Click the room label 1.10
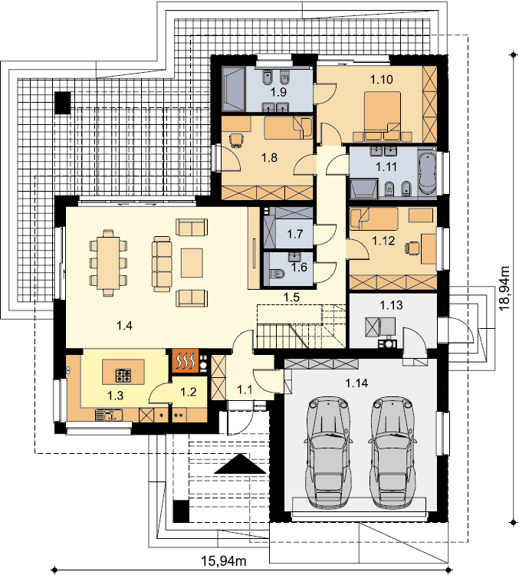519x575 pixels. (x=382, y=79)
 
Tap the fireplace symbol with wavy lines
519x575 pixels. (x=186, y=361)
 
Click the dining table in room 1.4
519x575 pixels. (x=108, y=262)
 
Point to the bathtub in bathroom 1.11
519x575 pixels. (x=426, y=172)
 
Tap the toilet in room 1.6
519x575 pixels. (x=277, y=274)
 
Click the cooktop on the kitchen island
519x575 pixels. (x=123, y=375)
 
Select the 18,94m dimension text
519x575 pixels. (x=505, y=288)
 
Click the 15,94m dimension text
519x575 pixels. (x=223, y=560)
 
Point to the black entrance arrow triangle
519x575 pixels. (x=240, y=464)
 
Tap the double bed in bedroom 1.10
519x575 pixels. (x=383, y=117)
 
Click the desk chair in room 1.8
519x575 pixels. (x=237, y=140)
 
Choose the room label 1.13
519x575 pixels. (x=391, y=305)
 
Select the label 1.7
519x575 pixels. (x=295, y=234)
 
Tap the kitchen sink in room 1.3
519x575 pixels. (x=109, y=415)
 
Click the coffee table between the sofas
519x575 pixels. (x=192, y=262)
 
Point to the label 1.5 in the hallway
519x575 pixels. (x=291, y=297)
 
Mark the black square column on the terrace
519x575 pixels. (x=62, y=103)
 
